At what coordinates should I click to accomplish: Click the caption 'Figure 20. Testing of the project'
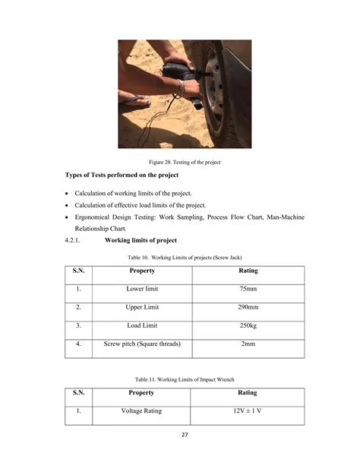click(x=180, y=161)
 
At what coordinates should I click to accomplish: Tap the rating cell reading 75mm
click(x=248, y=290)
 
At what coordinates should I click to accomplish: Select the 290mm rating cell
click(x=248, y=308)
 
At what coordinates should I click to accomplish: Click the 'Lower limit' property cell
click(x=142, y=290)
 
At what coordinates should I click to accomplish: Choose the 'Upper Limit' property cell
click(x=142, y=308)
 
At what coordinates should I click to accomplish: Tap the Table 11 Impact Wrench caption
click(x=180, y=379)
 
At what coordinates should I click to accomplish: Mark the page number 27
click(x=180, y=435)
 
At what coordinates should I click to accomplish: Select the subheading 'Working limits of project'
click(x=141, y=241)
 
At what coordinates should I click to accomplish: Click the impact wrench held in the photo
click(x=180, y=79)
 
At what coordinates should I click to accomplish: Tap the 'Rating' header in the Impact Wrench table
click(x=248, y=393)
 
